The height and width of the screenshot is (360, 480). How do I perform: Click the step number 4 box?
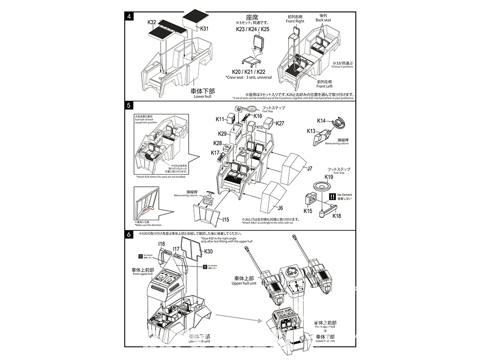129,16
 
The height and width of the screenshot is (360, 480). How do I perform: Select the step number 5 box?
129,105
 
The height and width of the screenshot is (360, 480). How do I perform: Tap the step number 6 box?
129,235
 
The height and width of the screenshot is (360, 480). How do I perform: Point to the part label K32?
152,23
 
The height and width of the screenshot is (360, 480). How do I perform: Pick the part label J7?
310,168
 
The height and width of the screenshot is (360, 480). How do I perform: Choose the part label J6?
281,207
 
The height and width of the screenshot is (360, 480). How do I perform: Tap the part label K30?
208,252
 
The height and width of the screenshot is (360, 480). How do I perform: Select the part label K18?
337,216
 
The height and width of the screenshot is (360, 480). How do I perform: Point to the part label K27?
280,123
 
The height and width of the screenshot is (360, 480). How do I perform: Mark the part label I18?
161,244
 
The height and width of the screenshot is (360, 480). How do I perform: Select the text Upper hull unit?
245,283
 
